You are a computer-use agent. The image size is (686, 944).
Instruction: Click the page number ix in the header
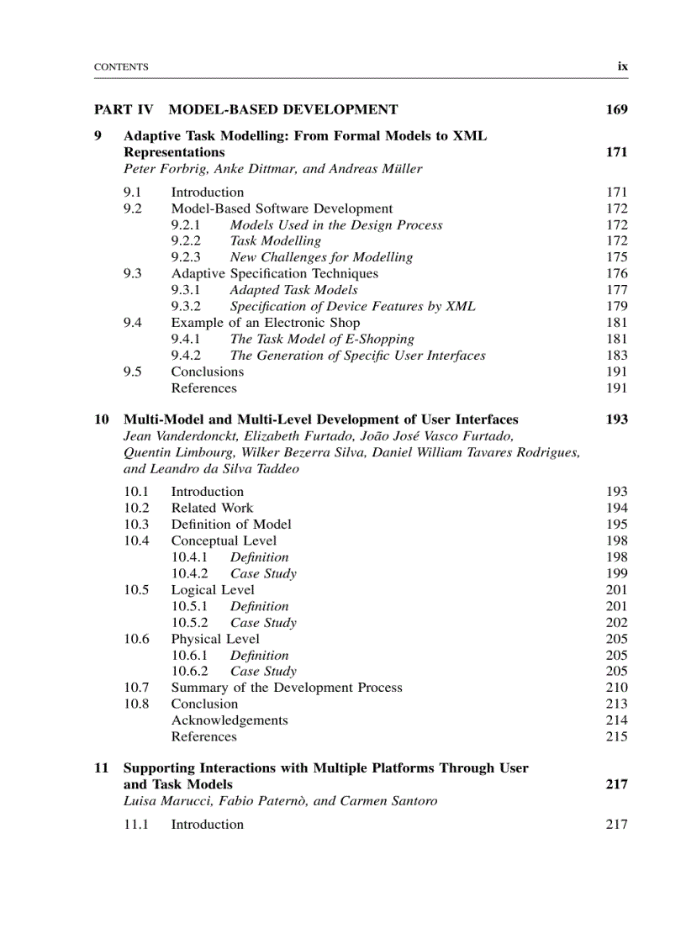coord(622,66)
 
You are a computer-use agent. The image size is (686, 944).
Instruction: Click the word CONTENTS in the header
coord(121,67)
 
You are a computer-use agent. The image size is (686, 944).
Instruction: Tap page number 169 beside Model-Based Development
coord(615,109)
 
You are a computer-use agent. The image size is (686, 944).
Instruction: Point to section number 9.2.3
coord(187,257)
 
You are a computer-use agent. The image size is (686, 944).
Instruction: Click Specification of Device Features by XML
coord(352,306)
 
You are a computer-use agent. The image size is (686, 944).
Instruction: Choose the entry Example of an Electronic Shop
coord(266,323)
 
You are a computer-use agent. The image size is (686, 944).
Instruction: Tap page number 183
coord(616,356)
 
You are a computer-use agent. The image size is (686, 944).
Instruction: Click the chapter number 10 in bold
coord(101,419)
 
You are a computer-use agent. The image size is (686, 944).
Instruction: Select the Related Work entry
coord(212,508)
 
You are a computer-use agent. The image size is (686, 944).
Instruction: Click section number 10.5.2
coord(190,623)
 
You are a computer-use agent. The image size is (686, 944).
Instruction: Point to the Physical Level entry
coord(215,639)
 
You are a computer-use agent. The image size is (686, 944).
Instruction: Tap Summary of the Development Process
coord(287,688)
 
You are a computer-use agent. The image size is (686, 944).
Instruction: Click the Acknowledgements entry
coord(230,720)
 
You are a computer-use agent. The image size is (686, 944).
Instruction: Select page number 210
coord(616,688)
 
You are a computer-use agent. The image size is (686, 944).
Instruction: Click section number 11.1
coord(136,825)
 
